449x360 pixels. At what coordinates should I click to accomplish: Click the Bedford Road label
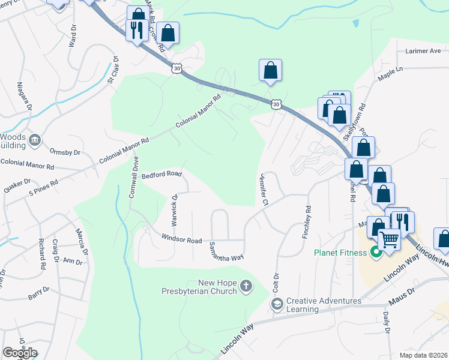tap(161, 174)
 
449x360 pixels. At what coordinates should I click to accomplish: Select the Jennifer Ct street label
tap(263, 190)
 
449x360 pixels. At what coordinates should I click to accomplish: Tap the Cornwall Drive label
tap(134, 177)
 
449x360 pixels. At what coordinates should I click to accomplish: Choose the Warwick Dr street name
tap(175, 209)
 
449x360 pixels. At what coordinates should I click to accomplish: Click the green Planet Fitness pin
tap(376, 252)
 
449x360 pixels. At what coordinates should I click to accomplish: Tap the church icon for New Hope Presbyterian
tap(246, 287)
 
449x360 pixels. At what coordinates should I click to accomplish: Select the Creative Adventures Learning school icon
tap(277, 305)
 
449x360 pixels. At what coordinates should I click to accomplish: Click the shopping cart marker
tap(390, 240)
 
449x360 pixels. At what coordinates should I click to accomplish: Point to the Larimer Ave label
tap(423, 52)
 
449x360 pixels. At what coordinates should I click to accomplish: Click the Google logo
tap(20, 353)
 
